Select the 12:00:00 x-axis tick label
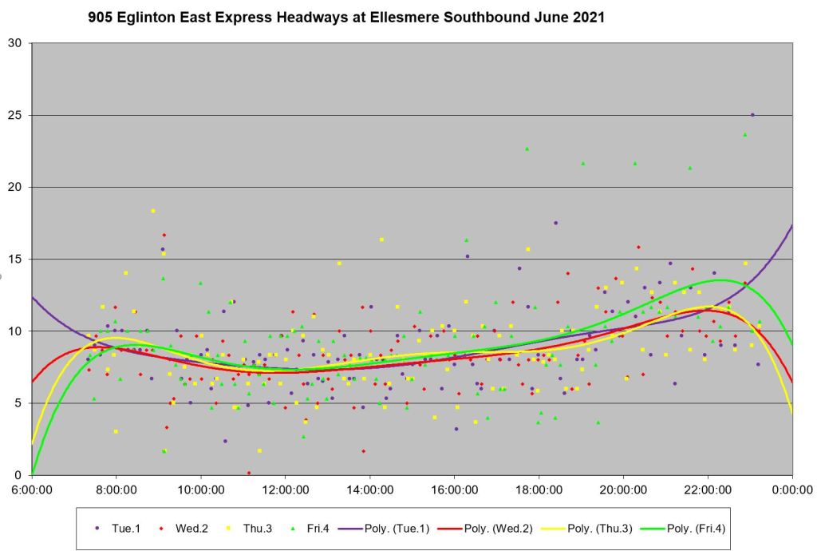pos(286,489)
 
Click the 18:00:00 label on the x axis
pos(539,489)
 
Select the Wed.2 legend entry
pos(186,528)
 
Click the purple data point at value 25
pos(752,115)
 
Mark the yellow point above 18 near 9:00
pos(153,211)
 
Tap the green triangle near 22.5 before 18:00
pos(527,149)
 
